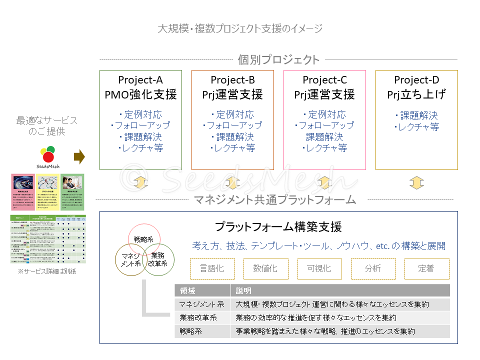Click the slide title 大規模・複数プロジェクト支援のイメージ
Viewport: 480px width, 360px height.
(240, 28)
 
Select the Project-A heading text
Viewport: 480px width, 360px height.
(140, 80)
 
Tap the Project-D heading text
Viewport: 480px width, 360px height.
(416, 80)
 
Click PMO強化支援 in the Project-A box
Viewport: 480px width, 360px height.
(140, 94)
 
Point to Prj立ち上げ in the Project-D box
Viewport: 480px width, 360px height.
(416, 94)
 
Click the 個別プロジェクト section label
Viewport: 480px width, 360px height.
(278, 60)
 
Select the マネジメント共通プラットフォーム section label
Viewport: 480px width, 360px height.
(275, 200)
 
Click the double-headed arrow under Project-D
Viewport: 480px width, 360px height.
(416, 183)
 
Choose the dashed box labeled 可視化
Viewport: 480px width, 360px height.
(319, 268)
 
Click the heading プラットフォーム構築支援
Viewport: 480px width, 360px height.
(278, 227)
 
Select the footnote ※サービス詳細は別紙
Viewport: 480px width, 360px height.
(47, 271)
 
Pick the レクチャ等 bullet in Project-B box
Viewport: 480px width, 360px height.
(232, 148)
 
